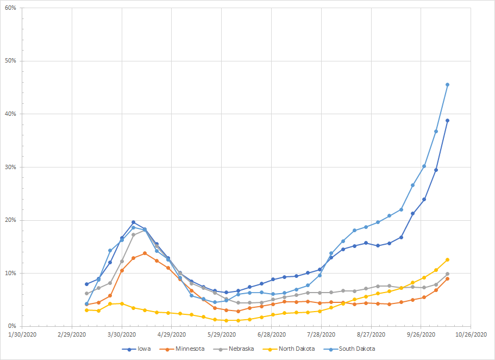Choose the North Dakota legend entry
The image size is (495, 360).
[x=291, y=349]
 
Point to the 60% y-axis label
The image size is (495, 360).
[x=10, y=8]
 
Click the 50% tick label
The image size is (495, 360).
[x=10, y=61]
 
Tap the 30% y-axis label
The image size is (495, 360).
[x=10, y=167]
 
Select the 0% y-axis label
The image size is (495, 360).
[x=12, y=326]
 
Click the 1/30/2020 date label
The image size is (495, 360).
[x=22, y=334]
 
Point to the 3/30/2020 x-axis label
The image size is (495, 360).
[x=122, y=334]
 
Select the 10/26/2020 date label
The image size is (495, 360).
[x=471, y=334]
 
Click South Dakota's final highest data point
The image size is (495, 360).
[x=447, y=84]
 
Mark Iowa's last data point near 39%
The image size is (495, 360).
[x=447, y=120]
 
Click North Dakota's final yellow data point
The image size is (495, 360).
[x=447, y=259]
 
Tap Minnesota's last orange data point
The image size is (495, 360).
[x=447, y=278]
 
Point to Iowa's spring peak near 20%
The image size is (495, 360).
[x=133, y=222]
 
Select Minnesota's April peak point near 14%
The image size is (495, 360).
[x=145, y=253]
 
